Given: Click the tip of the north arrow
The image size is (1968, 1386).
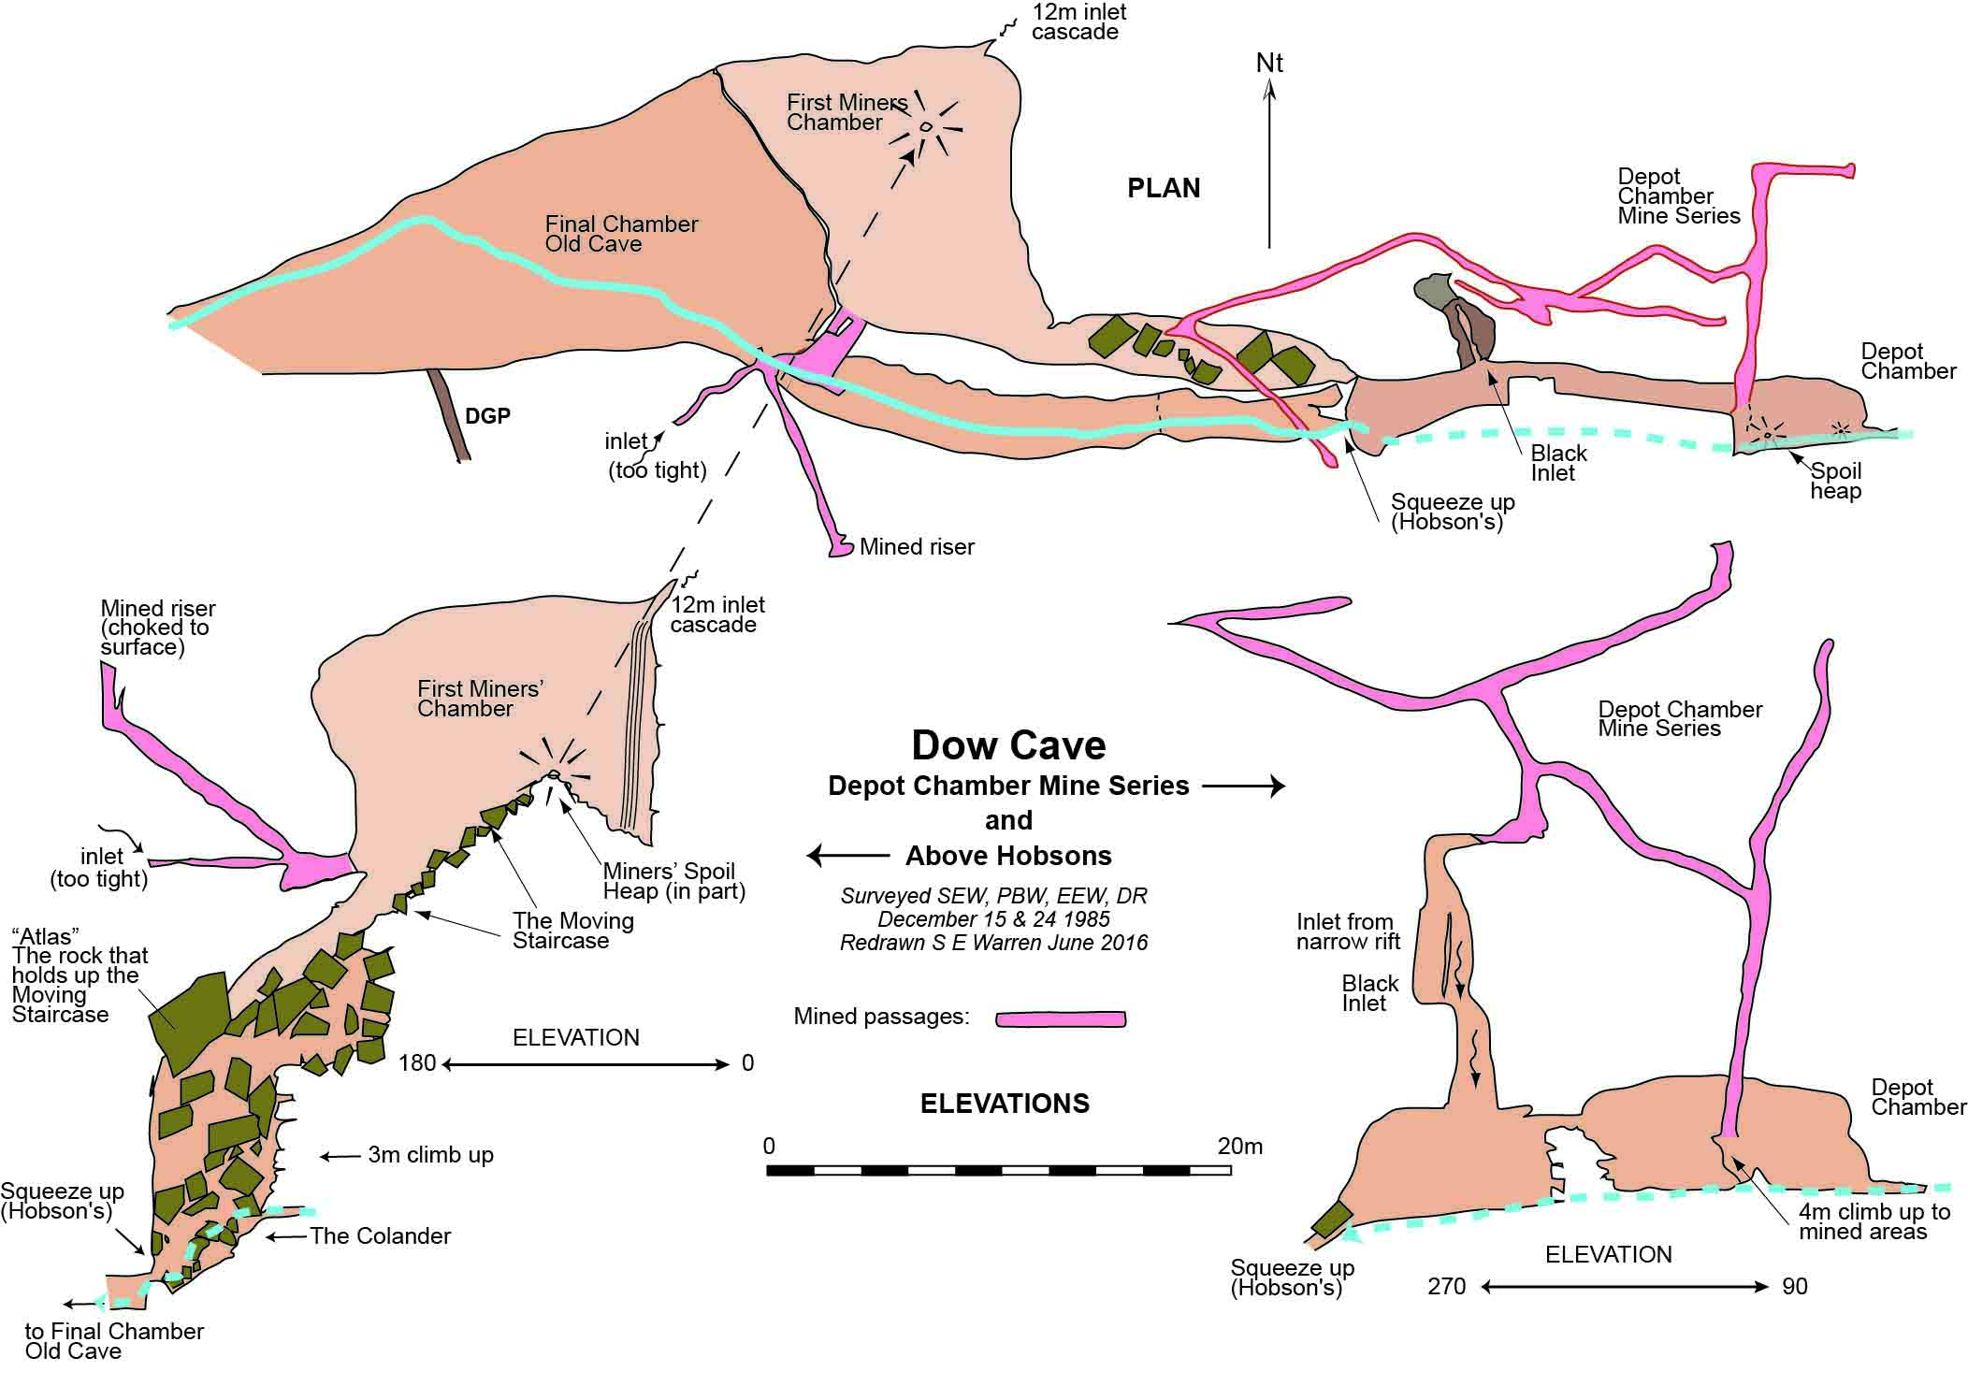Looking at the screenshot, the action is coord(1269,79).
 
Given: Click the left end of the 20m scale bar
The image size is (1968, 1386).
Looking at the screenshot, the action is coord(767,1170).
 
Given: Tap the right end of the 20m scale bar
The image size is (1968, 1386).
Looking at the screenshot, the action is coord(1231,1170).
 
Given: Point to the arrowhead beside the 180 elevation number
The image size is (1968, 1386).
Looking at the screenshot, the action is coord(446,1064).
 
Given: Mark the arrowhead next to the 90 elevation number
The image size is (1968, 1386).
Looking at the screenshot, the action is coord(1768,1287).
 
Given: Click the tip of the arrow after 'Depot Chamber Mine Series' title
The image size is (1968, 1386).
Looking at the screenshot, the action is coord(1285,787).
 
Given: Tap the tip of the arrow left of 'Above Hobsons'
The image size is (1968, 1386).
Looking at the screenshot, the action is coord(808,855).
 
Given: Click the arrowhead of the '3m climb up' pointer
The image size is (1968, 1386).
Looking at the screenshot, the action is coord(321,1157).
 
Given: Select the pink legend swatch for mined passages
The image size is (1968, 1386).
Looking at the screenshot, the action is coord(1061,1018).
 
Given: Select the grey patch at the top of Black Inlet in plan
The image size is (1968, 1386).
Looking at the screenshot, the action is coord(1431,291).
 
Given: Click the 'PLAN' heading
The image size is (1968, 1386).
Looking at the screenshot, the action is coord(1164,189).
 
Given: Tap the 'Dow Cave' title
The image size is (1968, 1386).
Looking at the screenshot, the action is coord(1008,745).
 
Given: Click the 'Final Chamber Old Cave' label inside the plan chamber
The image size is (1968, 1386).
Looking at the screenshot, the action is coord(621,234).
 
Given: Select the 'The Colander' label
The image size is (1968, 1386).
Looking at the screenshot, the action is coord(380,1236).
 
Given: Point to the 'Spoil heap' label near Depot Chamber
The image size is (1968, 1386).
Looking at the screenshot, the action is coord(1835,481).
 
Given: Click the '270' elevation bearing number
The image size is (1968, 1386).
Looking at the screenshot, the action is coord(1446,1287).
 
